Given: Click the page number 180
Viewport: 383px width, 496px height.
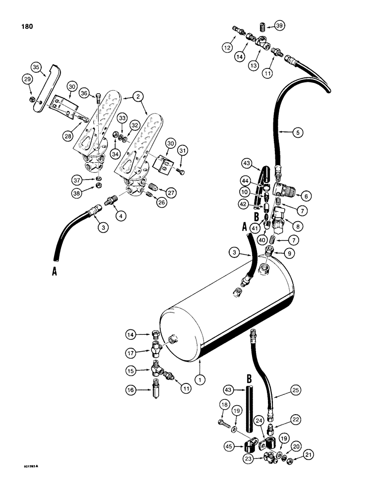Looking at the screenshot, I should tap(24, 26).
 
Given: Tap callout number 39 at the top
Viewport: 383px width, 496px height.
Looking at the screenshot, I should tap(280, 26).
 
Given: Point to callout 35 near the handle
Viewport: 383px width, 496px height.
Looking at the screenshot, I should tap(35, 67).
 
